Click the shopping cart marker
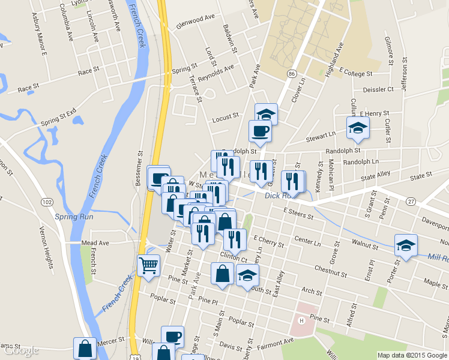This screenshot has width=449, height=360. (148, 265)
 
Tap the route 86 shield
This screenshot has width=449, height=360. (291, 73)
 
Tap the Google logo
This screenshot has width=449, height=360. (22, 350)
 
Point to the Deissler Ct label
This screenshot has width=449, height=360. (374, 89)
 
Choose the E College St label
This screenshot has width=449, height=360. (355, 73)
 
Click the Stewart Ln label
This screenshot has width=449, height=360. (321, 137)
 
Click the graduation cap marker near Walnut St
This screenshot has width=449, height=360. (406, 245)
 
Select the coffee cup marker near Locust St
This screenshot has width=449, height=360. (259, 131)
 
